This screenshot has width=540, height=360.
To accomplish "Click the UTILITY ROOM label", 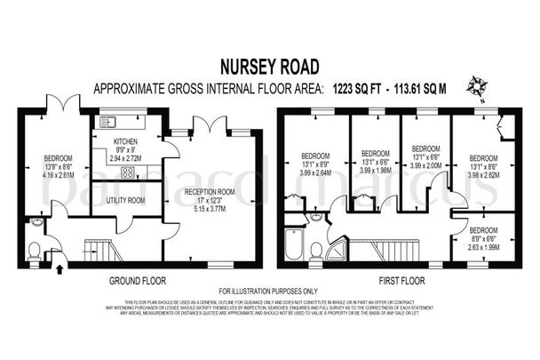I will click(x=126, y=200).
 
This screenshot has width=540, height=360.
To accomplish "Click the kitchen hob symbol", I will click(x=127, y=172).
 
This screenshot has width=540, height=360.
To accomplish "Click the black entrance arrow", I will click(x=60, y=261).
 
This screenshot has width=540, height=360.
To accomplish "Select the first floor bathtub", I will click(x=294, y=244).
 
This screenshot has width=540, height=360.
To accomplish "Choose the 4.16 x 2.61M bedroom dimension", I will click(x=60, y=175).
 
